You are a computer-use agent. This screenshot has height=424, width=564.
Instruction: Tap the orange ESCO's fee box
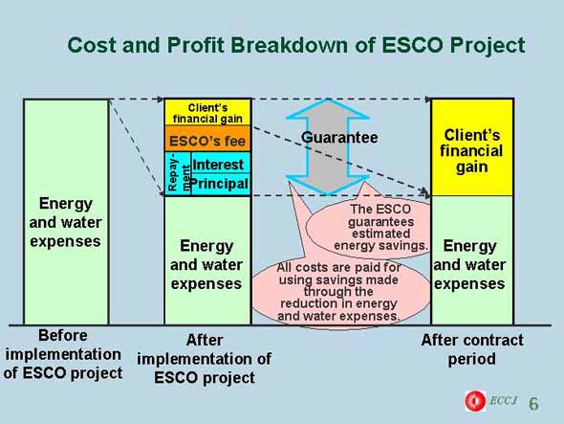click(x=207, y=139)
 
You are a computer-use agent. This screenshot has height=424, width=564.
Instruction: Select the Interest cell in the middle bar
click(x=220, y=163)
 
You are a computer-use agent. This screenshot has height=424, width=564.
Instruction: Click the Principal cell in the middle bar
click(x=220, y=184)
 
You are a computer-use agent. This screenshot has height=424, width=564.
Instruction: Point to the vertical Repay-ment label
click(x=178, y=173)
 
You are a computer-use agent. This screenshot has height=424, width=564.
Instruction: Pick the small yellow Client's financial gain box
click(x=207, y=113)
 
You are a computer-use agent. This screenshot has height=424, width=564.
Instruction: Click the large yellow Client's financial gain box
click(x=472, y=147)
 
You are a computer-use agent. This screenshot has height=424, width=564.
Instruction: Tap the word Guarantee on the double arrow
click(x=339, y=137)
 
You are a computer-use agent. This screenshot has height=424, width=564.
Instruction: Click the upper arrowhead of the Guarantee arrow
click(x=328, y=108)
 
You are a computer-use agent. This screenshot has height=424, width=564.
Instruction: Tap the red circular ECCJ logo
click(x=475, y=401)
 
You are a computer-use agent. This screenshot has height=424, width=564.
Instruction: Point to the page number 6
click(x=533, y=404)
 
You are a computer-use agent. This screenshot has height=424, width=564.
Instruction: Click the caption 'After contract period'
click(x=472, y=349)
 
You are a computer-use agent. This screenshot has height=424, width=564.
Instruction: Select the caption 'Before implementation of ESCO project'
click(x=63, y=354)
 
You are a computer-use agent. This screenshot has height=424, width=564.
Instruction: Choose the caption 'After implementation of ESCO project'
click(x=205, y=359)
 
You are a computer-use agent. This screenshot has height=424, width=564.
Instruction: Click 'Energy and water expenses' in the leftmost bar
click(x=65, y=222)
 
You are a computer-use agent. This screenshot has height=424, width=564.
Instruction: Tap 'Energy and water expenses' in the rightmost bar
click(x=469, y=265)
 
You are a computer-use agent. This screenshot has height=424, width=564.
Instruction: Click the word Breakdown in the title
click(x=290, y=45)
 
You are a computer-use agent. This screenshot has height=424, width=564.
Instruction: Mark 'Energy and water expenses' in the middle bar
click(x=206, y=265)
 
